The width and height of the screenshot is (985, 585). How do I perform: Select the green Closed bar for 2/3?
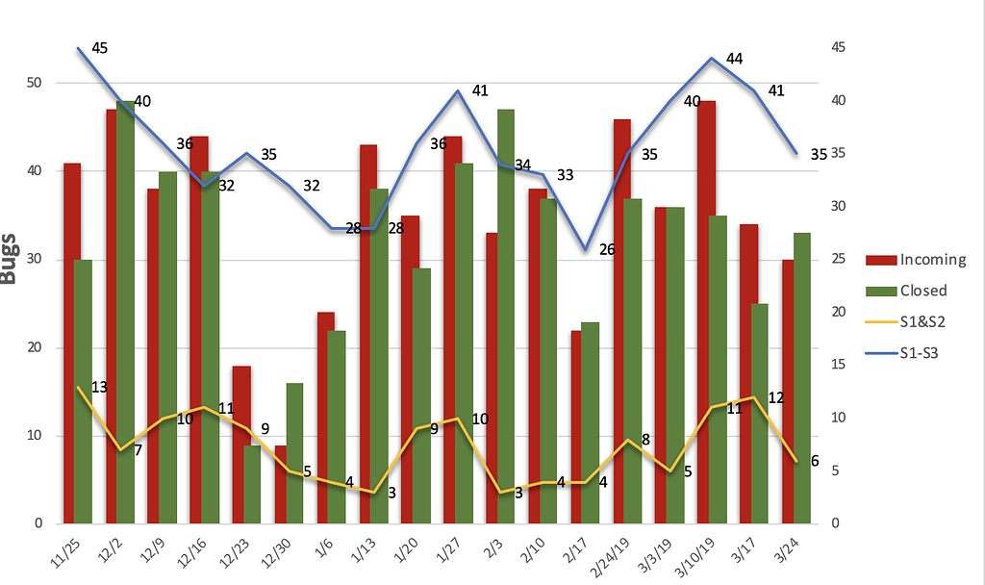pyautogui.click(x=506, y=317)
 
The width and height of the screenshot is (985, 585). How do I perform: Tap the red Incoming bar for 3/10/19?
pyautogui.click(x=705, y=312)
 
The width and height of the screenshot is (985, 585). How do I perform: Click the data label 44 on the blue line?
pyautogui.click(x=734, y=59)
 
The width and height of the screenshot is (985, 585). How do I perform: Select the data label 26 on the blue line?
pyautogui.click(x=606, y=250)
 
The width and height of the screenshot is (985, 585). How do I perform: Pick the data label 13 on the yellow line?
pyautogui.click(x=99, y=387)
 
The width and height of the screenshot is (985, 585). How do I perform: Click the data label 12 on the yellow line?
pyautogui.click(x=777, y=397)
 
